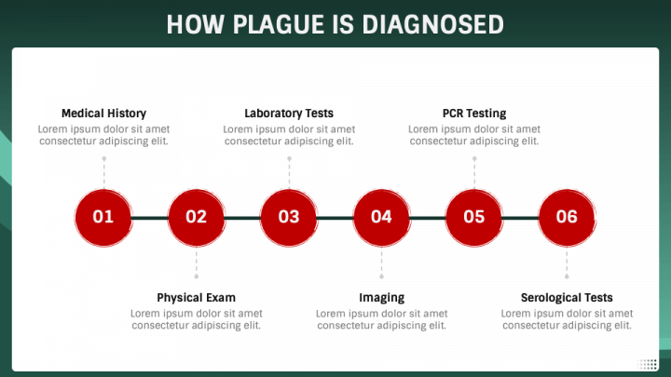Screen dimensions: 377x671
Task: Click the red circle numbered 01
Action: tap(103, 217)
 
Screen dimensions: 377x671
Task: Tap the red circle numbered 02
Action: tap(196, 217)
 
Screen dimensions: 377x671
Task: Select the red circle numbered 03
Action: tap(289, 217)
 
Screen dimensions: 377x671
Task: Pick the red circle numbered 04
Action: tap(381, 217)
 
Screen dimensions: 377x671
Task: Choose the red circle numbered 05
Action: tap(474, 217)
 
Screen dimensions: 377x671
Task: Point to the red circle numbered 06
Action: tap(567, 217)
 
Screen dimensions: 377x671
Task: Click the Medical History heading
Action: tap(103, 114)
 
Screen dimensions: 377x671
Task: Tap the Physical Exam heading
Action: tap(196, 298)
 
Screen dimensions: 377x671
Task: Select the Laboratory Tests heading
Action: tap(289, 114)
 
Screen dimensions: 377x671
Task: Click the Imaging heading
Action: tap(381, 298)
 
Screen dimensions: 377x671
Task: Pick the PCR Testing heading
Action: tap(474, 114)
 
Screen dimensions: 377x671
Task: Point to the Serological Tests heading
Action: tap(567, 298)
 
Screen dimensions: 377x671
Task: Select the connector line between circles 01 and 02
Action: tap(149, 218)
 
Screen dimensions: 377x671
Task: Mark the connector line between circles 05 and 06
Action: tap(520, 218)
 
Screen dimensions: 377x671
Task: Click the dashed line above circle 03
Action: tap(289, 172)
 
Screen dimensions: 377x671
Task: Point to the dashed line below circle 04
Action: tap(381, 263)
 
